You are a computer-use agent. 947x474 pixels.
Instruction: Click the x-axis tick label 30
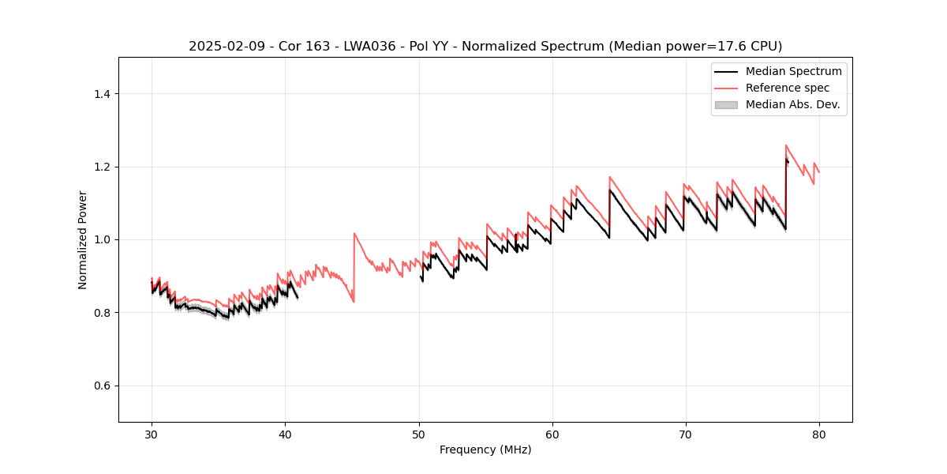pos(152,434)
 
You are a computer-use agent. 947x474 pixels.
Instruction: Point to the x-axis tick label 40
pos(285,434)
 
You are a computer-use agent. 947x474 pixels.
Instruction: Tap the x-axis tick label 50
pos(418,434)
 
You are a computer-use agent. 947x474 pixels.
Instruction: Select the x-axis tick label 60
pos(552,434)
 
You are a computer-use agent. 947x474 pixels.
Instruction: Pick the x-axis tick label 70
pos(685,434)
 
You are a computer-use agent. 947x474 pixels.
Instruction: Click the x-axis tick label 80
pos(818,434)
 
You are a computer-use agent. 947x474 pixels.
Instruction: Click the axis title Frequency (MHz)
pos(485,450)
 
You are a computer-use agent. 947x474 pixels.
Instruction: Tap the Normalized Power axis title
pos(83,239)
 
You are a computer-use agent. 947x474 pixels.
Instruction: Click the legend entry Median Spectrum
pos(793,71)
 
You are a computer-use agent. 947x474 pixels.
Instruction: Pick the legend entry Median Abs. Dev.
pos(792,104)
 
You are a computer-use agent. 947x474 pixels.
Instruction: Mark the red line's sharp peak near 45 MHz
pos(354,233)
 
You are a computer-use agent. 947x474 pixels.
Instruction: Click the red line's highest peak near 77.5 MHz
pos(786,145)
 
